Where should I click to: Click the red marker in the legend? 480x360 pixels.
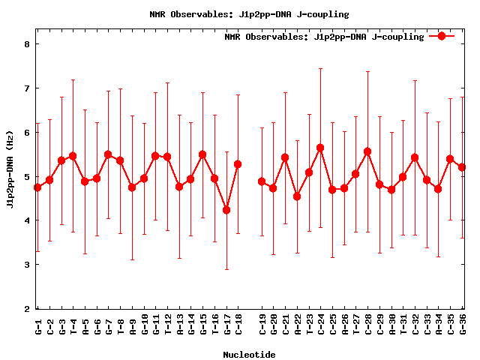pos(442,35)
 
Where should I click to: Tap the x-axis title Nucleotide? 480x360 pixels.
pos(249,354)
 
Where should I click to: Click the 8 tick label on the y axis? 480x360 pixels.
pos(26,44)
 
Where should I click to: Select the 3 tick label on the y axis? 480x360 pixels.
pos(26,265)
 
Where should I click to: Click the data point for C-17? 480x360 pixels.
pos(226,210)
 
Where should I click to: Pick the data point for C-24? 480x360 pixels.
pos(320,148)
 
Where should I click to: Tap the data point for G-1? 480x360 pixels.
pos(37,187)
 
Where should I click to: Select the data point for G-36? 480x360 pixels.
pos(462,167)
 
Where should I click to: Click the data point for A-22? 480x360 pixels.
pos(297,196)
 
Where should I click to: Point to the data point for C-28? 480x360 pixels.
pos(367,151)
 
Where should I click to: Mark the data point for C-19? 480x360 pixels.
pos(262,181)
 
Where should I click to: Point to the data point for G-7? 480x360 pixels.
pos(108,154)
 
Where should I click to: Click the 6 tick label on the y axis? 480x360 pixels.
pos(26,133)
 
